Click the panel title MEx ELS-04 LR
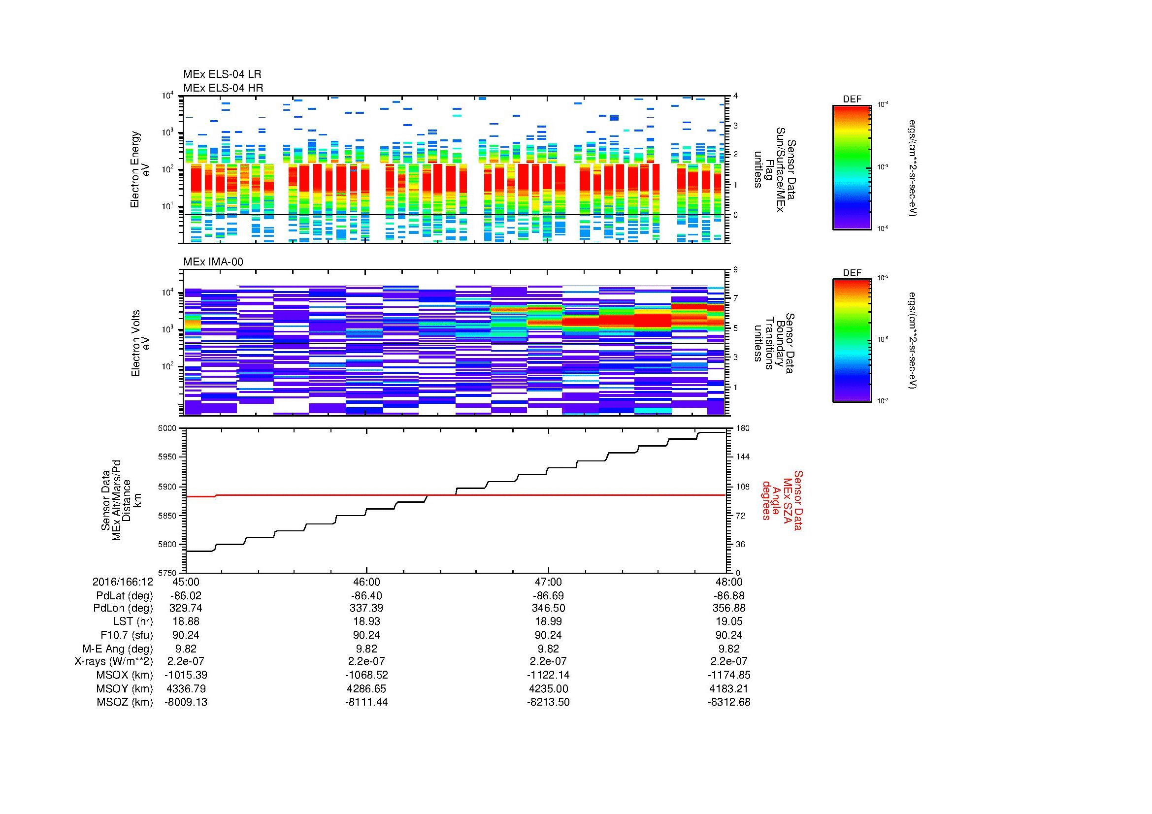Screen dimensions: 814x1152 (x=222, y=74)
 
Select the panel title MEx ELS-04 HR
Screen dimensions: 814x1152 (x=223, y=88)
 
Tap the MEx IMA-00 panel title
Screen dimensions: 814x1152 (x=213, y=262)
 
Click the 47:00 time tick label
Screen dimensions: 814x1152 (x=548, y=582)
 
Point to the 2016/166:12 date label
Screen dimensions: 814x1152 (x=123, y=582)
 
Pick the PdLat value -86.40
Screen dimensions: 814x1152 (x=366, y=596)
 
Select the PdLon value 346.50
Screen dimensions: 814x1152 (x=548, y=608)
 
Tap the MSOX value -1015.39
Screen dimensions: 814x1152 (x=186, y=675)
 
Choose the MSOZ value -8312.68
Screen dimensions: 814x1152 (x=729, y=702)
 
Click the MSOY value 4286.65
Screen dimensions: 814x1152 (x=366, y=688)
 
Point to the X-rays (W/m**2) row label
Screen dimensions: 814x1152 (x=114, y=661)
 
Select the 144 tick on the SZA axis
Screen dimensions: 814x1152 (x=742, y=457)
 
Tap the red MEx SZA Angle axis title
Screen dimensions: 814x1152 (x=782, y=500)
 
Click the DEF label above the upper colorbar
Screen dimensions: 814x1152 (x=852, y=99)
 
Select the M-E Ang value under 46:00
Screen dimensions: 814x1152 (x=366, y=649)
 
